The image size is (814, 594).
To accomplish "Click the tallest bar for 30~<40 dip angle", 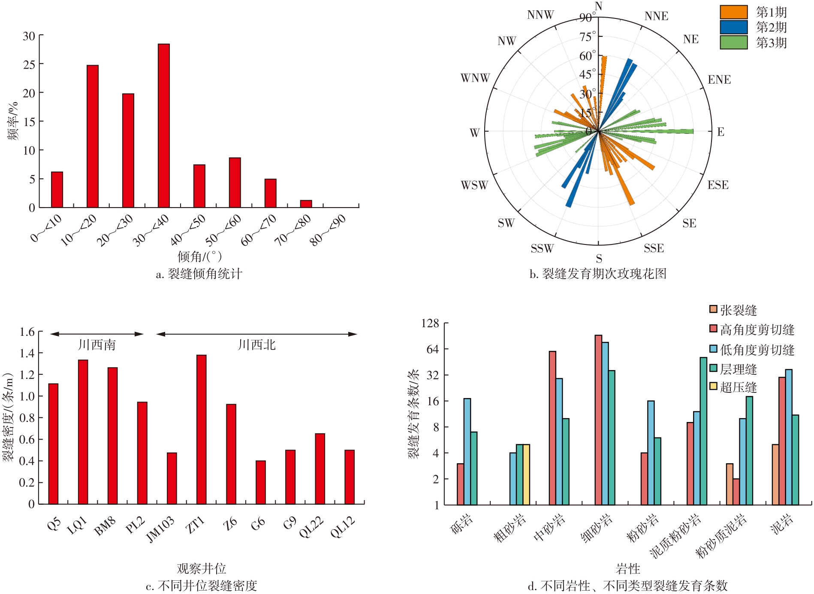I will tap(163, 126).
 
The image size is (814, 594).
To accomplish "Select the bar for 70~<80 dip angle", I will tap(306, 204).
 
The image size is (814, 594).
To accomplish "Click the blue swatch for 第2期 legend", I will tap(733, 27).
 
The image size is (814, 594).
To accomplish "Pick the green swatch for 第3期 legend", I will tap(733, 42).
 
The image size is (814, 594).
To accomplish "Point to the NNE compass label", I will tap(656, 16).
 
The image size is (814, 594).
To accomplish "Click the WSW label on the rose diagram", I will tap(474, 185).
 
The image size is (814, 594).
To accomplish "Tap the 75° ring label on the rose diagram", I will tap(588, 37).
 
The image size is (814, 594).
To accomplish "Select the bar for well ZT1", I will tap(201, 429).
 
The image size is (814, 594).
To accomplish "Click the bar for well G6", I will tap(260, 482).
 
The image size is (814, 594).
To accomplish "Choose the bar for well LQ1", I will tap(83, 432).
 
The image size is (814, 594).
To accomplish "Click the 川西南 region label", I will tap(97, 345).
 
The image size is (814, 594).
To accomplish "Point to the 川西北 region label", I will tap(256, 345).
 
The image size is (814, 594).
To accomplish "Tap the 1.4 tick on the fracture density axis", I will tap(27, 353).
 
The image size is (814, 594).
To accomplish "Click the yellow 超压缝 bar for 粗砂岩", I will tap(526, 475).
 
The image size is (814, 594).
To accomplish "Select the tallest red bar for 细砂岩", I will tap(598, 420).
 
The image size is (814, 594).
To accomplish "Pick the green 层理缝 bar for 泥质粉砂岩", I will tap(703, 431).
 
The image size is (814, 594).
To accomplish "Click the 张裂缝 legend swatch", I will tap(713, 309).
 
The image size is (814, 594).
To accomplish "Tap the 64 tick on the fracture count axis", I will tap(433, 349).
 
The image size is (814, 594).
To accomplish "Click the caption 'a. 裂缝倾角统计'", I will tap(199, 274).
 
